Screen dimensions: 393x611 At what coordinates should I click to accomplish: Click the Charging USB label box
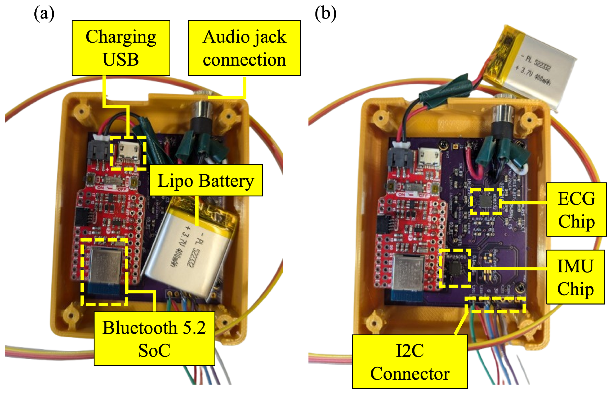[121, 48]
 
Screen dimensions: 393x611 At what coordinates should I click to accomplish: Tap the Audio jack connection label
[244, 48]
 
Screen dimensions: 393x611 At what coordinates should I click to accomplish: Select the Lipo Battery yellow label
[206, 180]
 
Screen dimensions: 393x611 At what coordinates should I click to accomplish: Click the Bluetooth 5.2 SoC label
[154, 339]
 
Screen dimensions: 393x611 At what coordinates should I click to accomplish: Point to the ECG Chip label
[576, 209]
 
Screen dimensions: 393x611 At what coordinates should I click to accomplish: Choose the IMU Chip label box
[575, 277]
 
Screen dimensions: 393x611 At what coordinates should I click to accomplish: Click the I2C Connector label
[410, 362]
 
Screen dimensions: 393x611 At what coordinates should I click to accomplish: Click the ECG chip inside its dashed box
[486, 202]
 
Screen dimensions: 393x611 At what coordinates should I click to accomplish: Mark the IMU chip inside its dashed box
[455, 269]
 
